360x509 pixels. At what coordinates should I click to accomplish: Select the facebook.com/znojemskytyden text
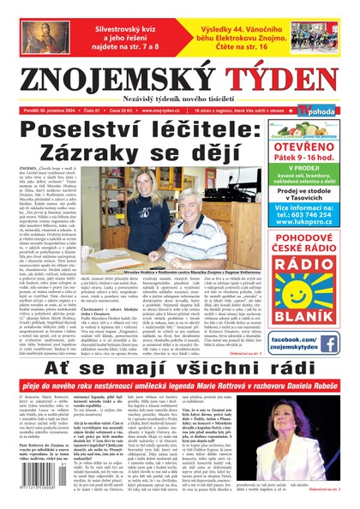pyautogui.click(x=303, y=344)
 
